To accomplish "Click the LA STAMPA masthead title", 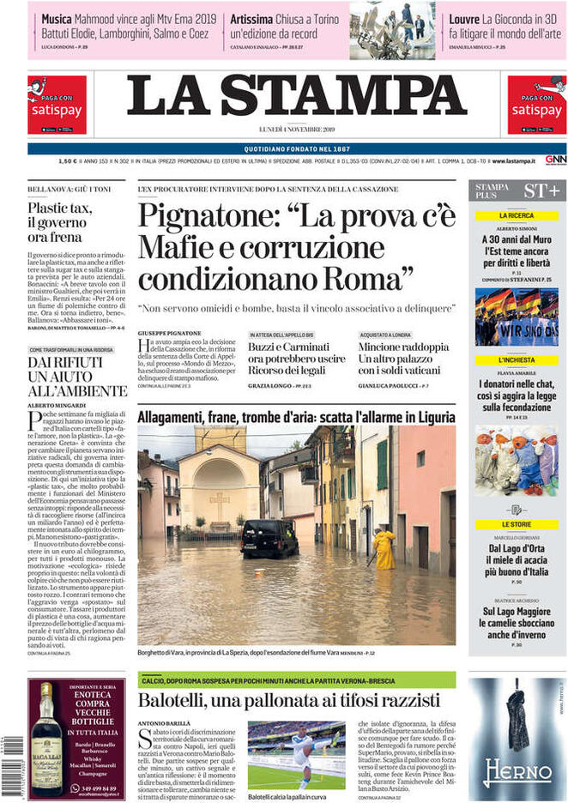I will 284,97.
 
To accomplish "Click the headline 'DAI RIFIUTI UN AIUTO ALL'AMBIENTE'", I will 65,377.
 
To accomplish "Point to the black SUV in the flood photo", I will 269,539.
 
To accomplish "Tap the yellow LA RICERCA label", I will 517,215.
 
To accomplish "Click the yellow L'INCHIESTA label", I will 517,360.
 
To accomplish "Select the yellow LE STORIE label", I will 517,523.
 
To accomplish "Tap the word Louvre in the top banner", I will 464,18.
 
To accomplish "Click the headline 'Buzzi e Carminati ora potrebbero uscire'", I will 297,353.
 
